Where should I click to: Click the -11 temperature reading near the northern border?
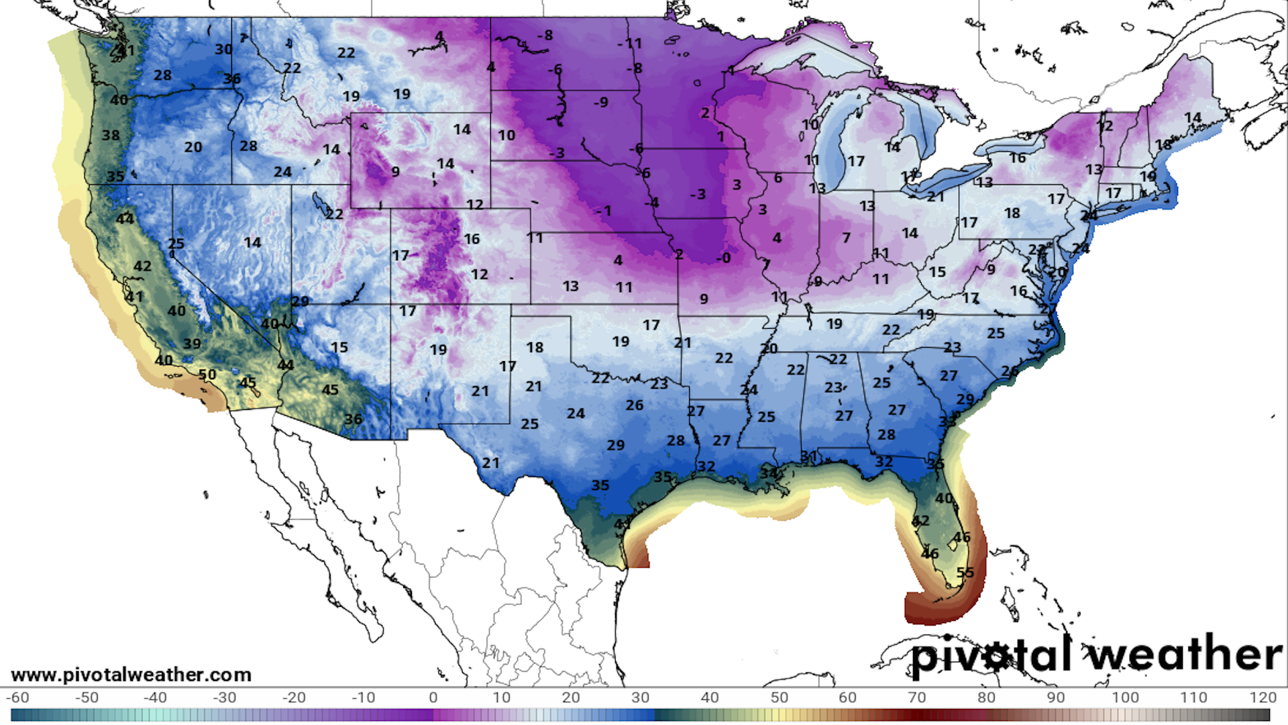[x=630, y=44]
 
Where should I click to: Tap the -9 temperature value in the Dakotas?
[x=601, y=102]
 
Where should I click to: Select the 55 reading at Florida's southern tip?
[x=965, y=573]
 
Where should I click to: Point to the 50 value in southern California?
[x=207, y=375]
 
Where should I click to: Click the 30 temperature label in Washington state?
[x=223, y=50]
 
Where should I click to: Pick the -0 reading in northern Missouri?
[x=722, y=258]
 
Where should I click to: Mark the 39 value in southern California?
[x=192, y=344]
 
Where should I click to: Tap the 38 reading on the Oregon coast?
[x=111, y=136]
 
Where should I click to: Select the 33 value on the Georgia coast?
[x=947, y=422]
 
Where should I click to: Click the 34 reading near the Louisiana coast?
[x=769, y=473]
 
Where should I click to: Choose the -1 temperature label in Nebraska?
[x=604, y=211]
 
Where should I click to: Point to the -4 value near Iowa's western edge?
[x=652, y=202]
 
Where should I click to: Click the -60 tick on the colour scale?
[x=17, y=697]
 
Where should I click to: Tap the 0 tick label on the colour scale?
[x=433, y=697]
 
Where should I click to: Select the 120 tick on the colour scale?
[x=1263, y=697]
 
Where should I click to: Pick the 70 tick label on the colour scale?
[x=916, y=697]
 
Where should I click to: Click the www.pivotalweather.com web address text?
[x=131, y=675]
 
